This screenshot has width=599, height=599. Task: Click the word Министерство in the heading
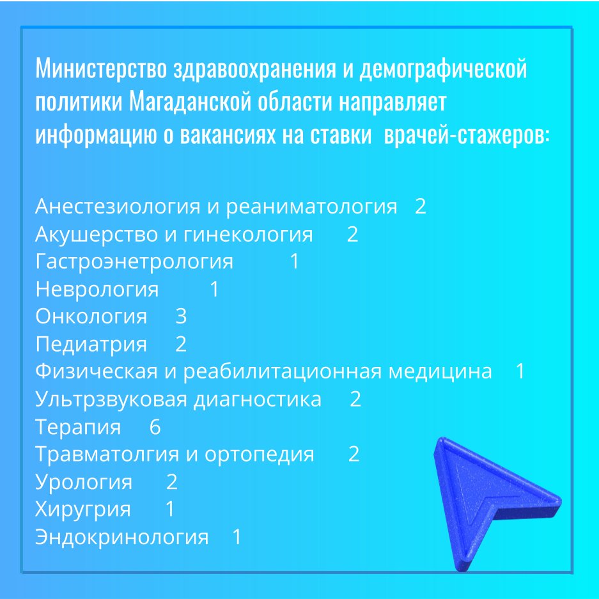pyautogui.click(x=101, y=68)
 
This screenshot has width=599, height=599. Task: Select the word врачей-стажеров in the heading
pyautogui.click(x=467, y=135)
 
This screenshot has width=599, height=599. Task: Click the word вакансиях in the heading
pyautogui.click(x=228, y=135)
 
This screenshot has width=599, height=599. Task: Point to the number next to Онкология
pyautogui.click(x=181, y=316)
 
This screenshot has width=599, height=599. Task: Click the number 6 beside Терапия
pyautogui.click(x=155, y=426)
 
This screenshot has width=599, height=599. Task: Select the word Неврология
pyautogui.click(x=97, y=290)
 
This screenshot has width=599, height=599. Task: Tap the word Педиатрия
pyautogui.click(x=91, y=345)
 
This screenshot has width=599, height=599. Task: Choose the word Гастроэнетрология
pyautogui.click(x=134, y=262)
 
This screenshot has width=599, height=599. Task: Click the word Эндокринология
pyautogui.click(x=122, y=537)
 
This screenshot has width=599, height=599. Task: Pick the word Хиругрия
pyautogui.click(x=83, y=510)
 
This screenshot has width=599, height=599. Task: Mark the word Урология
pyautogui.click(x=84, y=482)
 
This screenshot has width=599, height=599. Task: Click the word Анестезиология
pyautogui.click(x=118, y=206)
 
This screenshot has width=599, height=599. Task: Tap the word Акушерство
pyautogui.click(x=97, y=234)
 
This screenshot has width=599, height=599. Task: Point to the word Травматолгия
pyautogui.click(x=107, y=455)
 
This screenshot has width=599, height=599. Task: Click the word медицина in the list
pyautogui.click(x=440, y=372)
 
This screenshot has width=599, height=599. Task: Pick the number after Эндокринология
pyautogui.click(x=237, y=537)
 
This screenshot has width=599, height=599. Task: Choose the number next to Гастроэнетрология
pyautogui.click(x=295, y=261)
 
